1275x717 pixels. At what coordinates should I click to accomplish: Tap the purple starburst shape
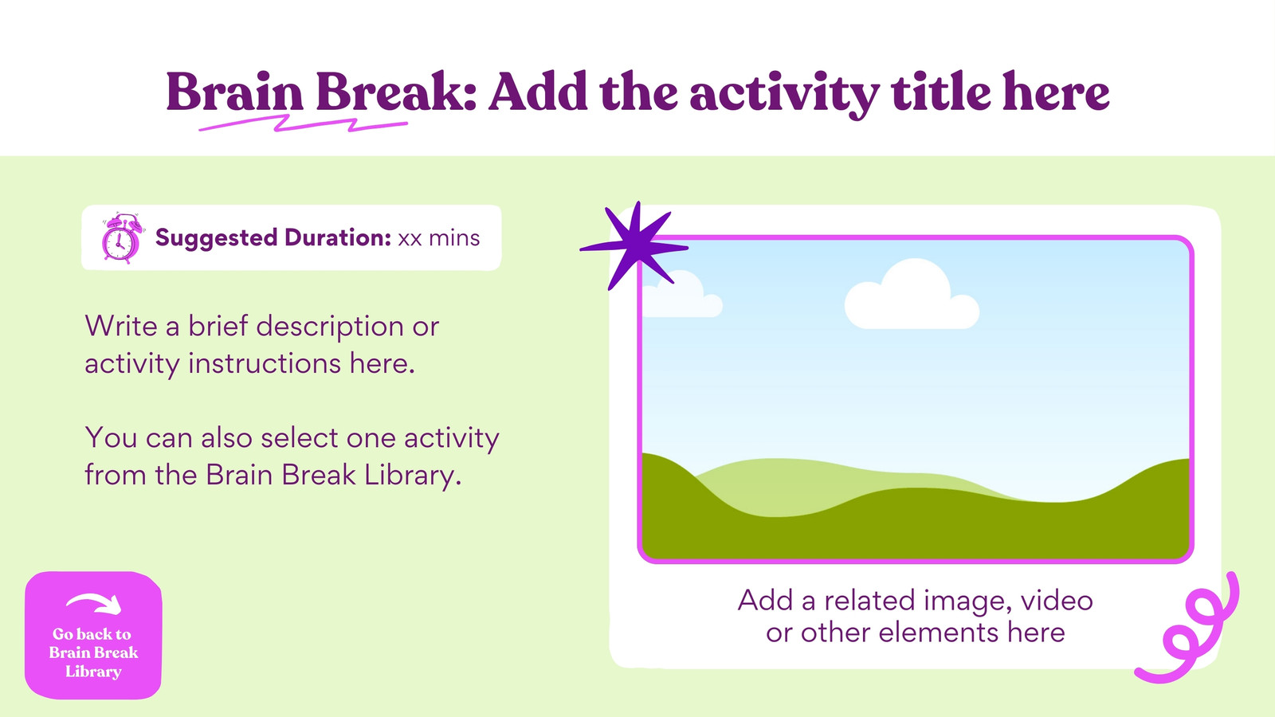[x=636, y=246]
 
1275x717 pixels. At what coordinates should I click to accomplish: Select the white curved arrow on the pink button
[x=94, y=603]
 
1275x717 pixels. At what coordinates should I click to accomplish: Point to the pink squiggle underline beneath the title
[x=303, y=123]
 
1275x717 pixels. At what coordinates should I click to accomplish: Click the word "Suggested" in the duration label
[x=216, y=238]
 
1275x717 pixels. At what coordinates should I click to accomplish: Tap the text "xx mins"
[x=439, y=238]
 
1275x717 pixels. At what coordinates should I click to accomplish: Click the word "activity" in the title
[x=785, y=93]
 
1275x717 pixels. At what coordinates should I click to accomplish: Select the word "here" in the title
[x=1056, y=91]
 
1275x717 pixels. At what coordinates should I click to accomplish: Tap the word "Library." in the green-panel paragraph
[x=413, y=475]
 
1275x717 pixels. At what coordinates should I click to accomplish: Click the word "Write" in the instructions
[x=120, y=326]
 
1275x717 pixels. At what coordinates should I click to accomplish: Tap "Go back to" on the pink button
[x=92, y=634]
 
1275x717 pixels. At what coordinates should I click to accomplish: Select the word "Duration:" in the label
[x=338, y=238]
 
